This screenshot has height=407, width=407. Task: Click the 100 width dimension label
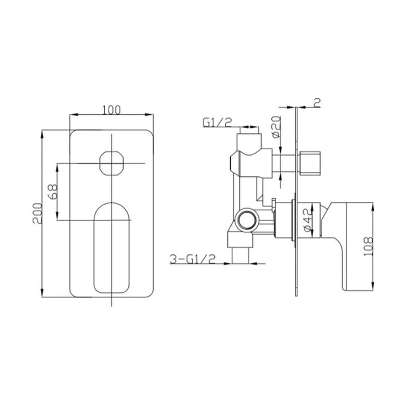click(112, 110)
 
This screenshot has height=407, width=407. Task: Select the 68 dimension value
click(53, 192)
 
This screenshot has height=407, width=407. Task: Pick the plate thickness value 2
click(317, 102)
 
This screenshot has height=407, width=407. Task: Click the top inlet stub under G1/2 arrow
click(250, 139)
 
